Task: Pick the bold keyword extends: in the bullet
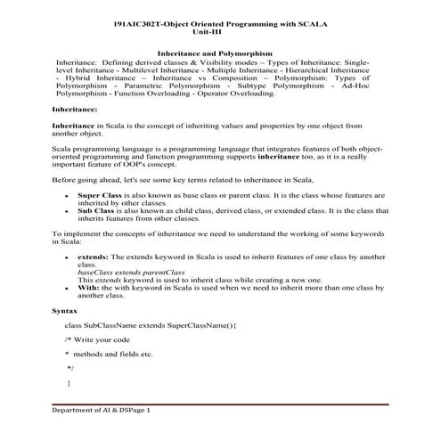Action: pyautogui.click(x=94, y=257)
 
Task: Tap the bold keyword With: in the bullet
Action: pyautogui.click(x=91, y=288)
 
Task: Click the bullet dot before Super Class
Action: pyautogui.click(x=68, y=193)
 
